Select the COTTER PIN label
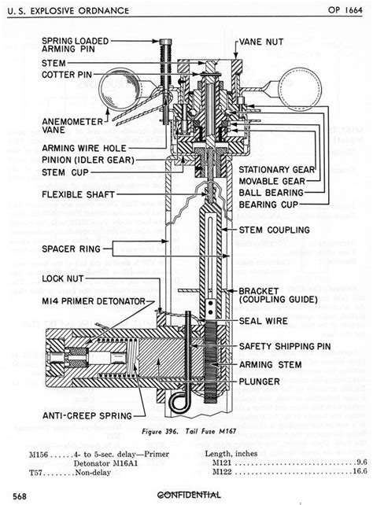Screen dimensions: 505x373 pos(46,75)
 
